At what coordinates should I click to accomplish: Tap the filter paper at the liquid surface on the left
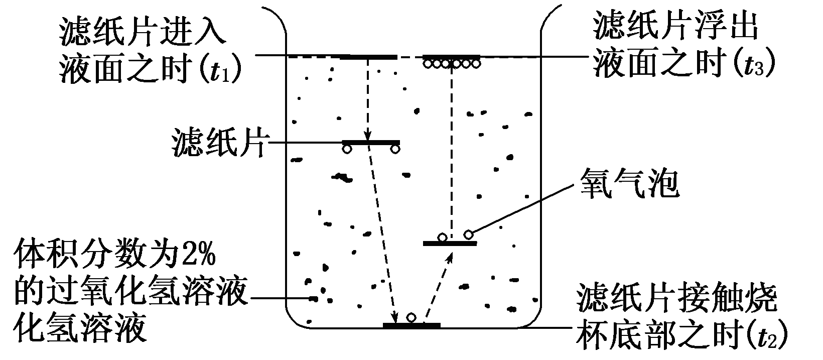pyautogui.click(x=368, y=57)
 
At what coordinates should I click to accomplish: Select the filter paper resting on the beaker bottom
pyautogui.click(x=411, y=325)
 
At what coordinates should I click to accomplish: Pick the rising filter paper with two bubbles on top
pyautogui.click(x=450, y=244)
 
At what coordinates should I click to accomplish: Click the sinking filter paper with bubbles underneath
pyautogui.click(x=371, y=143)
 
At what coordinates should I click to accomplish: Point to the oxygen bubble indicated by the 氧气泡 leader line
pyautogui.click(x=468, y=234)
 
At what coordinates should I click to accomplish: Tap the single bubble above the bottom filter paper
pyautogui.click(x=411, y=317)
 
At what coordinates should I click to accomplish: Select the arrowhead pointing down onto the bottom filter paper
pyautogui.click(x=394, y=317)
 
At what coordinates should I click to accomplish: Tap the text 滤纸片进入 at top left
pyautogui.click(x=141, y=33)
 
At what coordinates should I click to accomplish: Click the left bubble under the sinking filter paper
pyautogui.click(x=347, y=149)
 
